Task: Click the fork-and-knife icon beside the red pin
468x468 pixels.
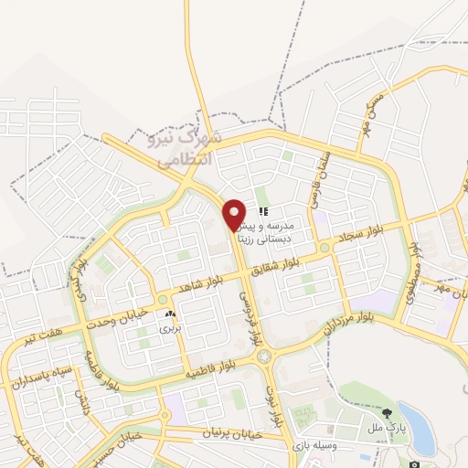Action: click(263, 211)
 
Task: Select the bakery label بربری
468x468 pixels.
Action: click(171, 327)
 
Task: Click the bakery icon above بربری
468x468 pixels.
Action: click(171, 314)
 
